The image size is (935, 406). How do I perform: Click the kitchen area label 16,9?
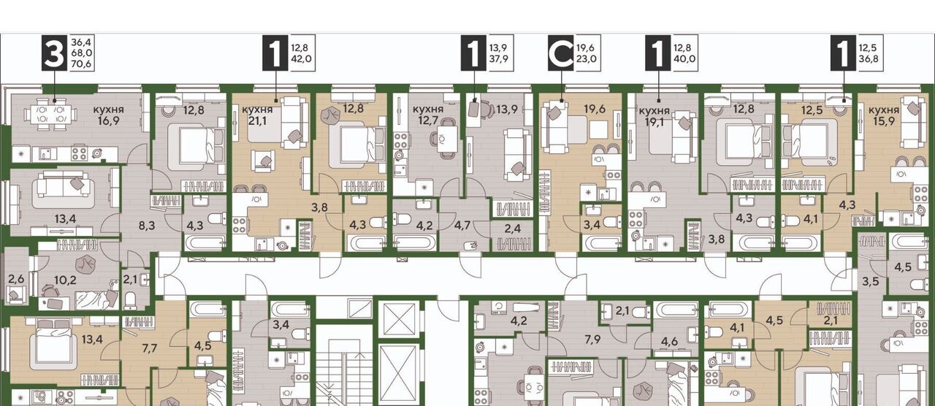pyautogui.click(x=108, y=122)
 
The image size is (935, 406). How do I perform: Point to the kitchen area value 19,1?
pyautogui.click(x=654, y=124)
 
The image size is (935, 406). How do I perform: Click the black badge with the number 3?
pyautogui.click(x=54, y=53)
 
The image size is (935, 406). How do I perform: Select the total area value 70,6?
pyautogui.click(x=82, y=64)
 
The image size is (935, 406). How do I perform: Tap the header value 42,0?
pyautogui.click(x=302, y=58)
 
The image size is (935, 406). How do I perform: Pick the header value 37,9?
pyautogui.click(x=499, y=58)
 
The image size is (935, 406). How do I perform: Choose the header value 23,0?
pyautogui.click(x=586, y=58)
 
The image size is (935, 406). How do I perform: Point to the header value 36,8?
pyautogui.click(x=869, y=58)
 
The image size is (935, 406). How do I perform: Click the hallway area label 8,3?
pyautogui.click(x=147, y=226)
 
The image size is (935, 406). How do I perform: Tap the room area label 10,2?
pyautogui.click(x=66, y=280)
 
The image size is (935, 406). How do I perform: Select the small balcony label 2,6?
pyautogui.click(x=16, y=279)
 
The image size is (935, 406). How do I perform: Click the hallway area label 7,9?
pyautogui.click(x=592, y=339)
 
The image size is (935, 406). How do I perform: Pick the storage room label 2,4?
pyautogui.click(x=512, y=229)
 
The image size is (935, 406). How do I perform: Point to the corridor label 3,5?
pyautogui.click(x=871, y=281)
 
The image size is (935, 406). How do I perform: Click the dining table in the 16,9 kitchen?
pyautogui.click(x=50, y=113)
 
